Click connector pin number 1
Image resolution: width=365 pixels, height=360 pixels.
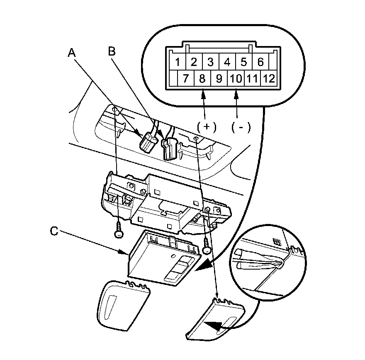coord(177,63)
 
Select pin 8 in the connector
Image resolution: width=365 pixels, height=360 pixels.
coord(202,78)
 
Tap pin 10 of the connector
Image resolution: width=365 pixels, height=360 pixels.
coord(236,78)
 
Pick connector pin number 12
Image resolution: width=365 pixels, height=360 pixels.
coord(269,78)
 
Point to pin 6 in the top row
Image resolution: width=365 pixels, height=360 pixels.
coord(260,63)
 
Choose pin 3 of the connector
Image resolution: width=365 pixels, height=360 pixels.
coord(210,63)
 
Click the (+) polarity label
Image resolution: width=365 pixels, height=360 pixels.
coord(207,127)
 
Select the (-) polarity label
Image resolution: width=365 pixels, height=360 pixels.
coord(241,127)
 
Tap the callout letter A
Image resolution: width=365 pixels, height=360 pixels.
coord(72,52)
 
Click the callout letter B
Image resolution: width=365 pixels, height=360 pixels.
coord(111,51)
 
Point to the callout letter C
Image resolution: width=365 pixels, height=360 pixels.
coord(54,231)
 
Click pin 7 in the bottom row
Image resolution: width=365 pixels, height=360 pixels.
coord(186,78)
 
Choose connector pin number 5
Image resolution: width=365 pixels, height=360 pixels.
coord(244,63)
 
